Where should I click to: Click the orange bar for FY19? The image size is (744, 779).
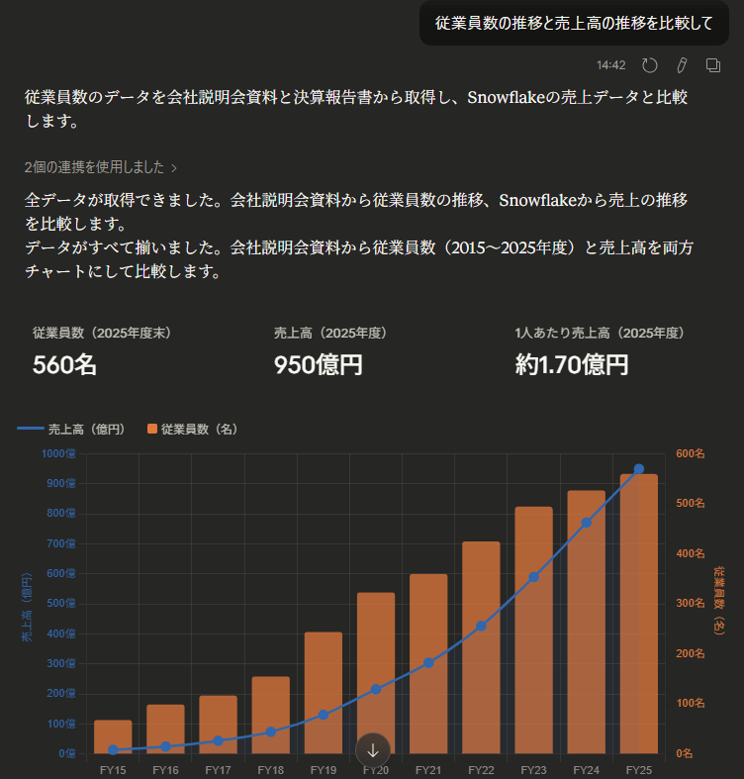coord(324,693)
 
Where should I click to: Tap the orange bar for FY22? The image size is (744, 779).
coord(481,647)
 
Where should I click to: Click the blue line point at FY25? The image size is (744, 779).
coord(639,469)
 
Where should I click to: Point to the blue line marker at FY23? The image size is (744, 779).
coord(534,577)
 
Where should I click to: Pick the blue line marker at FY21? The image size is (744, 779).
coord(428,663)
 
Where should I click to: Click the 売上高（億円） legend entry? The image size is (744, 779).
coord(71,429)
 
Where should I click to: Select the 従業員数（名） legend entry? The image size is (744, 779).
coord(192,429)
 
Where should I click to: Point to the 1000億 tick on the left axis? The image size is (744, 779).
coord(59,453)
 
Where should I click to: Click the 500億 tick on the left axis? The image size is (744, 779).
coord(61,604)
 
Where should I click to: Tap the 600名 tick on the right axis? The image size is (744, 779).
coord(691,453)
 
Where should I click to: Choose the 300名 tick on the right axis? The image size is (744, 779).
coord(691,604)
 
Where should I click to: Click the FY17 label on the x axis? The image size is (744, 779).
coord(218,769)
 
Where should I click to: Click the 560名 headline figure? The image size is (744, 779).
coord(65,364)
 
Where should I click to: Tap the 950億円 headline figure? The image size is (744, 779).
coord(319,364)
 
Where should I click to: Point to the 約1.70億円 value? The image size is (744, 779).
coord(572,364)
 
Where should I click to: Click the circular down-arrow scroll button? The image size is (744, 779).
coord(373,750)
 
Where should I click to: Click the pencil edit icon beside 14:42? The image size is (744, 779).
coord(682,65)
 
